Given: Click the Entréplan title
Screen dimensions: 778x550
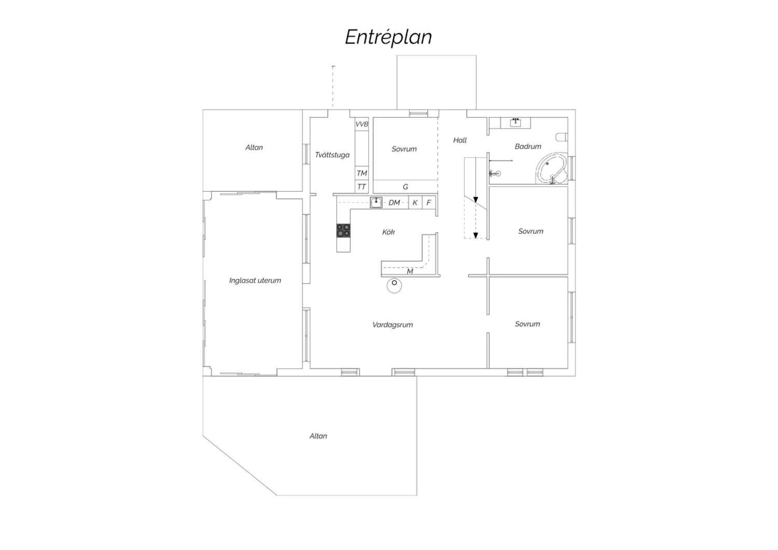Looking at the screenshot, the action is coord(388,37).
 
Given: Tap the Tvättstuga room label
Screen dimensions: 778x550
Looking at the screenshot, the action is coord(332,155).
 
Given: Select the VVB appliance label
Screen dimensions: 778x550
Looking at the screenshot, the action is coord(362,124).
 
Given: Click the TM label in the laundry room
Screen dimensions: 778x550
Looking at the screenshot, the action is coord(362,173).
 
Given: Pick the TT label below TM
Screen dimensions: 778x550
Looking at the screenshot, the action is coord(361,187).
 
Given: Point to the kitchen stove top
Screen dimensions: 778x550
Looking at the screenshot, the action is coord(343,230).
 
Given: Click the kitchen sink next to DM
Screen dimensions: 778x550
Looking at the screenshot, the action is coord(376,202).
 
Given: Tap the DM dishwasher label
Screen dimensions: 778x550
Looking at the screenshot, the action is coord(394,202).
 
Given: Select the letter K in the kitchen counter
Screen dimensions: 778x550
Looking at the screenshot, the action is coord(415,203).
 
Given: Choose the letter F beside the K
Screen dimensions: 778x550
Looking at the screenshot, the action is coord(428,202).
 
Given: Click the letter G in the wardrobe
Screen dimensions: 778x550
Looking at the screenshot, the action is coord(405,187).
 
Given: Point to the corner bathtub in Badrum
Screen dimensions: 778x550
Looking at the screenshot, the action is coord(551,168).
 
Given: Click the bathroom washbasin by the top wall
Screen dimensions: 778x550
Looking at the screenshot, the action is coord(516,122).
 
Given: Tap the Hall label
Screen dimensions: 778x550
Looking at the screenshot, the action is coord(460,141).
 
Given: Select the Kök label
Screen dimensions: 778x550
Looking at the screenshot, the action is coord(388,232).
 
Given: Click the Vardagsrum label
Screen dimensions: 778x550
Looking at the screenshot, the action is coord(393,325).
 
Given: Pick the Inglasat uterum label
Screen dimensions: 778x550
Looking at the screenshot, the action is coord(255,280).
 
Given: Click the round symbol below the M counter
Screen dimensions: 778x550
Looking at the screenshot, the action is coord(394,285).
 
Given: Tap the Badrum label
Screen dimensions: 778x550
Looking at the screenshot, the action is coord(528,147).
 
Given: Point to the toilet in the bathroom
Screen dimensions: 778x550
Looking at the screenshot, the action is coord(562,137).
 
